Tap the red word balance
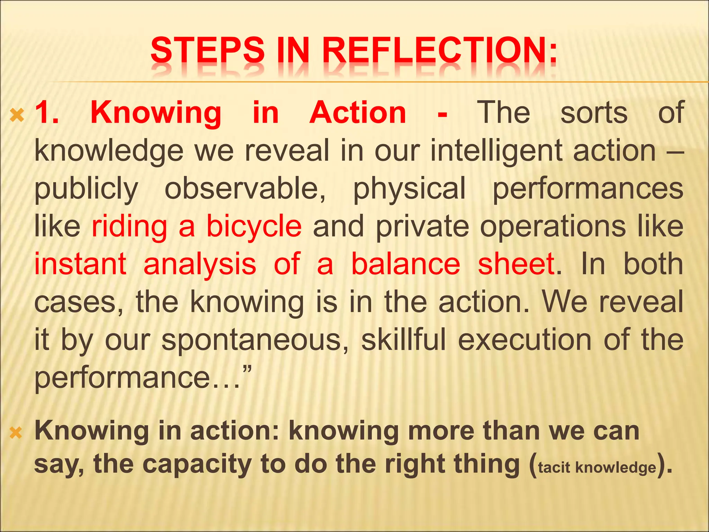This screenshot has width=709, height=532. (406, 264)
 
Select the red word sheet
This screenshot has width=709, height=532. (516, 264)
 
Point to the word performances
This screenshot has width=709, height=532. (588, 189)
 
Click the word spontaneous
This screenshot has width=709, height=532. (255, 340)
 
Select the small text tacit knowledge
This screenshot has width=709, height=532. (597, 468)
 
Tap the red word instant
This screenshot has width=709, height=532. (80, 264)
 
